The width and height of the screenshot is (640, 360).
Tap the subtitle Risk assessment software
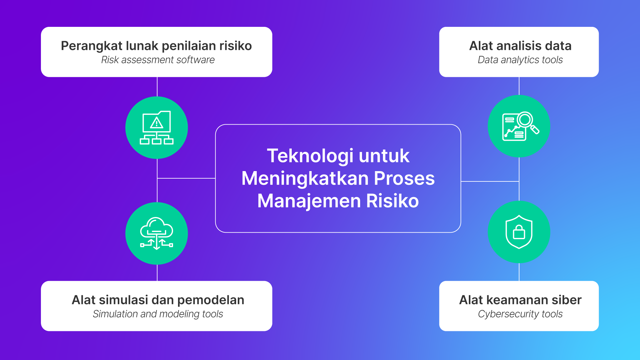[158, 60]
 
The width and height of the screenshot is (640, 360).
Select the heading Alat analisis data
[520, 46]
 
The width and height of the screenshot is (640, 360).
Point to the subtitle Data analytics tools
[520, 60]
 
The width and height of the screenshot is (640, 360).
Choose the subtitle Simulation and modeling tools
[158, 314]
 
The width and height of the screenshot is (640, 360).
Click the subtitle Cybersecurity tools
[520, 314]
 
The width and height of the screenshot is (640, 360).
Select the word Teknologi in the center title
[310, 156]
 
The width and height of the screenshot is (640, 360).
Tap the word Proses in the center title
[404, 178]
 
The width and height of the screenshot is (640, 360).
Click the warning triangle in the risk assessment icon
[156, 123]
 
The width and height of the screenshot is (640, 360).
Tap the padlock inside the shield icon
[519, 232]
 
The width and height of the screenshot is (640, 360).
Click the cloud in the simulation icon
[156, 227]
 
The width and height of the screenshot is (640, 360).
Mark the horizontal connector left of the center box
[186, 178]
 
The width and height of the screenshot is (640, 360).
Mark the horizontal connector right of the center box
[490, 181]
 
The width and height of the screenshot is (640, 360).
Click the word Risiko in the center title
[392, 201]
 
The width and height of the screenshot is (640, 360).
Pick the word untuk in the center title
[384, 156]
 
